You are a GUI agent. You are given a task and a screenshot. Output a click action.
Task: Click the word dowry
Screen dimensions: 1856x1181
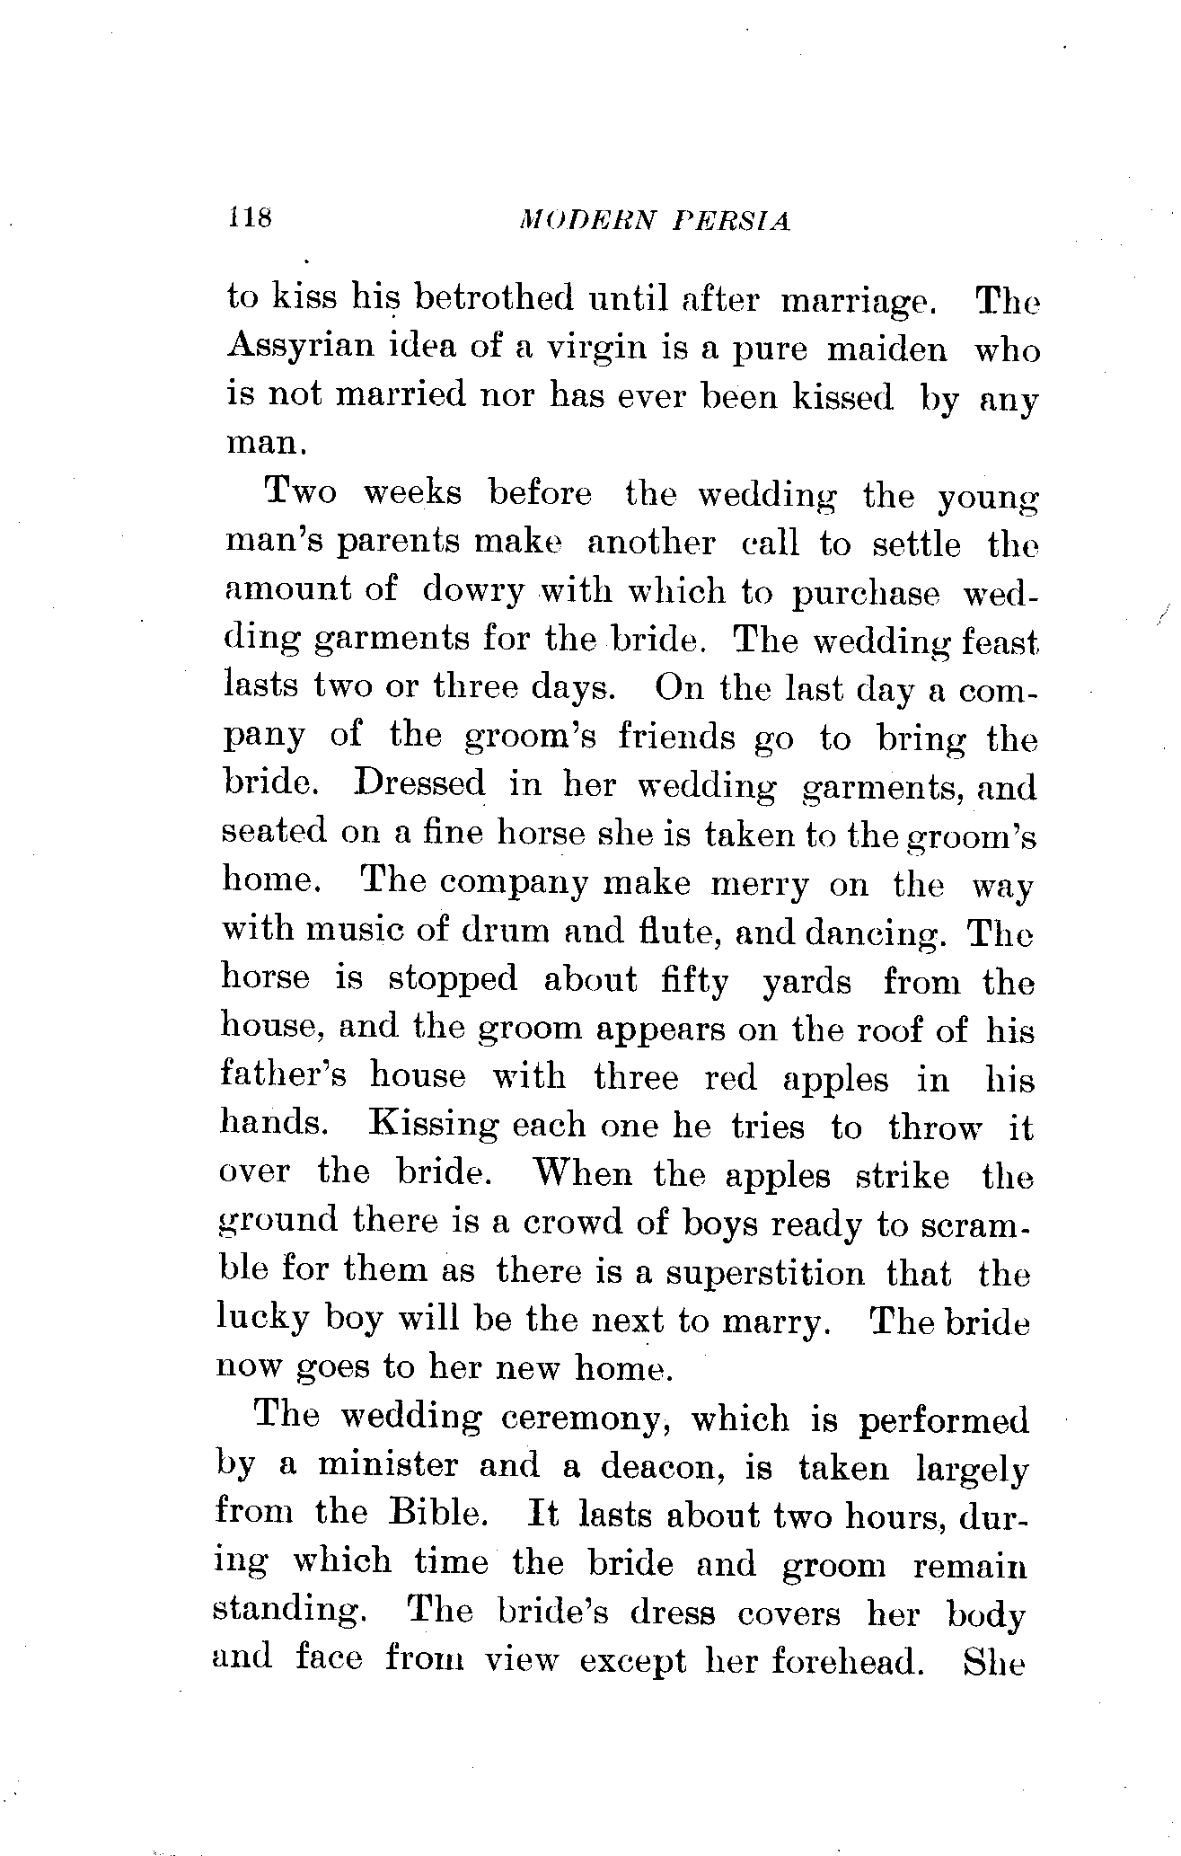pyautogui.click(x=472, y=590)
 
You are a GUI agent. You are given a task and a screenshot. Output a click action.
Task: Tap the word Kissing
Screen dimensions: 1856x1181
pyautogui.click(x=434, y=1126)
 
